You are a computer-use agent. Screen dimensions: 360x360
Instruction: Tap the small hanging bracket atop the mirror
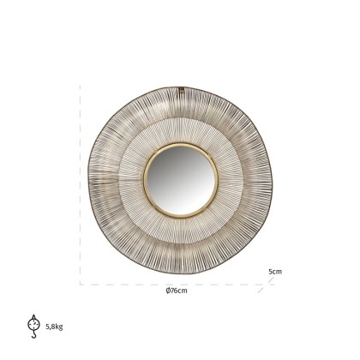click(182, 87)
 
